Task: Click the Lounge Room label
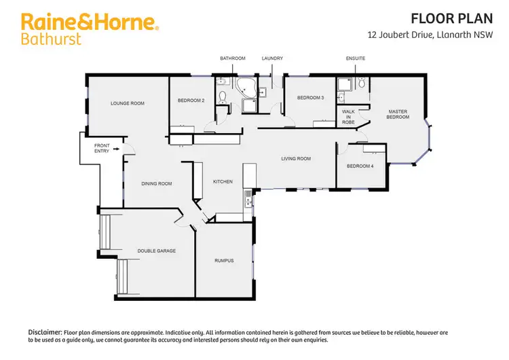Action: pos(128,103)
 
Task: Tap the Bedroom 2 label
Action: pos(191,101)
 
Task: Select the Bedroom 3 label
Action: pos(310,98)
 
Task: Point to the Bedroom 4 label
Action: pos(360,166)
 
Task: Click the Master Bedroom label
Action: pos(398,113)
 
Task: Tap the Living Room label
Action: pos(296,159)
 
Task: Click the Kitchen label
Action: pos(223,181)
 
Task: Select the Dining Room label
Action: pos(156,183)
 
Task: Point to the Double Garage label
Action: pos(157,251)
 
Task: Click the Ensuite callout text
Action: pos(356,58)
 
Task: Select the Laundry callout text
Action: pos(272,58)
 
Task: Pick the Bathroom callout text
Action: pos(232,58)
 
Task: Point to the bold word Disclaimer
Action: pos(45,331)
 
